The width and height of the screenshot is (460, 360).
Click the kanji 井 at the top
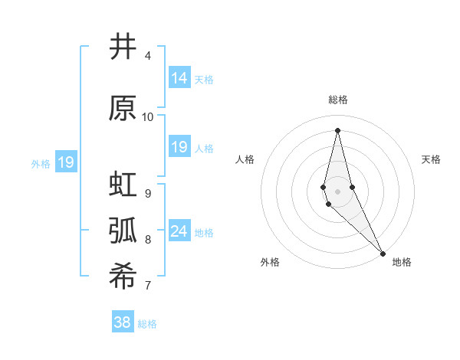(x=123, y=47)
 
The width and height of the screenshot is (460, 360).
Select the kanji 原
(x=123, y=108)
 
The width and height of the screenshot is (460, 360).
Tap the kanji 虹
(x=123, y=185)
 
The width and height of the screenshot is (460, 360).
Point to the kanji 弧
(x=123, y=231)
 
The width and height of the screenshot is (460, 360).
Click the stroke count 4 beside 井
(x=148, y=56)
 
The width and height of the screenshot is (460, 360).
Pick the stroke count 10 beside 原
(x=148, y=117)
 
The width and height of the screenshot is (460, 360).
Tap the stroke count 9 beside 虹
(x=148, y=193)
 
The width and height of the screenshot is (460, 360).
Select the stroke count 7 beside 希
(x=148, y=286)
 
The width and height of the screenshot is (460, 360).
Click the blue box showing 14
(x=179, y=78)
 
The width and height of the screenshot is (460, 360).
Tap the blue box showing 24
(x=179, y=231)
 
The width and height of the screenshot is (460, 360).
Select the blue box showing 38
(x=123, y=322)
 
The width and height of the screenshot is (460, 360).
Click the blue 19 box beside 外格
(x=65, y=162)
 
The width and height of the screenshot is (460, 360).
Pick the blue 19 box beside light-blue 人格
(x=179, y=147)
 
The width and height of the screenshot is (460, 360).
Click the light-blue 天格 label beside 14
(x=204, y=79)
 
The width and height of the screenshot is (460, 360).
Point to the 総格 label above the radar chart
(x=337, y=100)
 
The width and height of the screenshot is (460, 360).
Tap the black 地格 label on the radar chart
(x=402, y=262)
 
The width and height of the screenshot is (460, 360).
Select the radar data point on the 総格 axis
(x=337, y=129)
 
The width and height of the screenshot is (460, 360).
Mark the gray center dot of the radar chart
(x=337, y=191)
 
